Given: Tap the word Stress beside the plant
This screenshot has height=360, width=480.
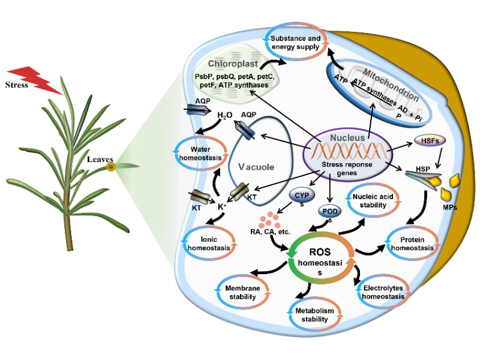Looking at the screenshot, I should coord(17,84).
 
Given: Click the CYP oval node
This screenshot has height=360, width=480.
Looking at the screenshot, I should coord(301,195).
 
